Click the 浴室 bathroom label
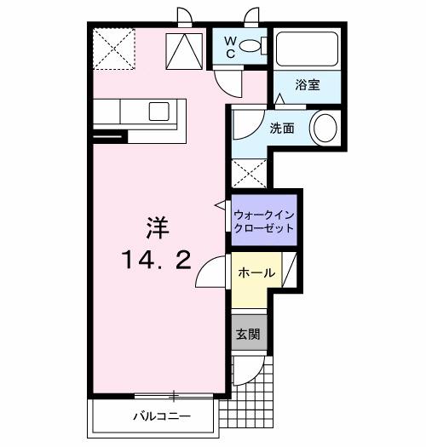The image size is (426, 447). pyautogui.click(x=307, y=85)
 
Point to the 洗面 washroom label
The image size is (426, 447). pyautogui.click(x=282, y=129)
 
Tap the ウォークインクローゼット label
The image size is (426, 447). pyautogui.click(x=263, y=221)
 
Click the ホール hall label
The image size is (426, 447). pyautogui.click(x=256, y=273)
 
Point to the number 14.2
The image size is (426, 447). pyautogui.click(x=155, y=260)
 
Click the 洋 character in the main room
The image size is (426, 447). pyautogui.click(x=155, y=227)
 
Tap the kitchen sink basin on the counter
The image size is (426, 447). pyautogui.click(x=159, y=110)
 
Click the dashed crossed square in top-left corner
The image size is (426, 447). pyautogui.click(x=113, y=49)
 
